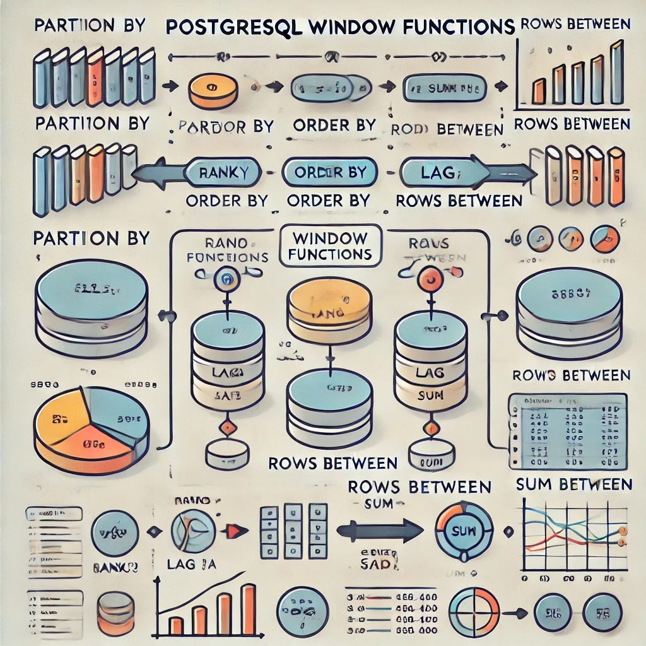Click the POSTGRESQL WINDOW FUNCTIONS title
340,28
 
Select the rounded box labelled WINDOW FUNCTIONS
329,246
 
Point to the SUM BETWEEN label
573,484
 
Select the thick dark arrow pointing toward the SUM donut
379,531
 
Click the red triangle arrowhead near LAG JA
234,531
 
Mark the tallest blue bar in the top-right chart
616,63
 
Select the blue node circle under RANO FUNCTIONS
225,278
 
